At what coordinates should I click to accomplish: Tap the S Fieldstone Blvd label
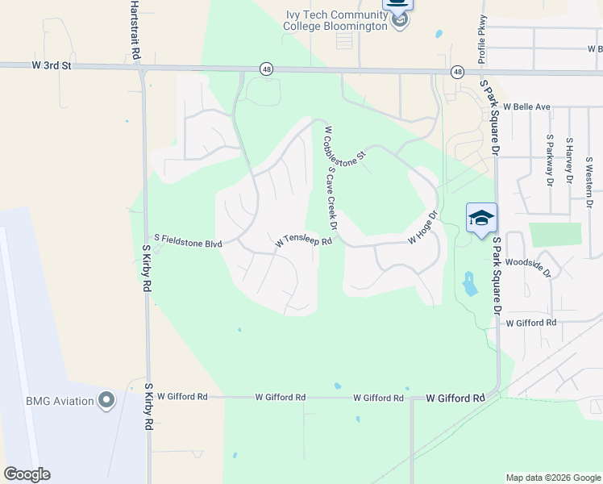189,240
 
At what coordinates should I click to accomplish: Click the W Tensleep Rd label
304,241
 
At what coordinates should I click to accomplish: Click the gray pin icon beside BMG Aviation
106,400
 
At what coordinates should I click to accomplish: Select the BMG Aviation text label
52,400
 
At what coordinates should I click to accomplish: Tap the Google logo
27,474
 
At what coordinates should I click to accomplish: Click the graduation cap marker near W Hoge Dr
481,219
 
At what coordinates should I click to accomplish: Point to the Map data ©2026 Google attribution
552,478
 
